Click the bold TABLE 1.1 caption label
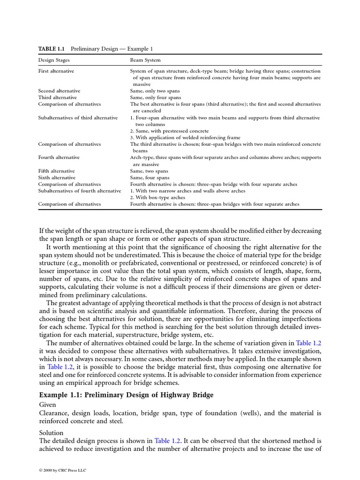(51, 49)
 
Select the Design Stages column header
(53, 60)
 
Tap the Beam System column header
(145, 60)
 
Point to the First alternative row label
(56, 71)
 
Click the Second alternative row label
(59, 90)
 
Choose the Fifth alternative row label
(56, 171)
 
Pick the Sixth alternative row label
(56, 178)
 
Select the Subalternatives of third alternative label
(78, 118)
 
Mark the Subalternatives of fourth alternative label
(79, 191)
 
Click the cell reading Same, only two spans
(155, 90)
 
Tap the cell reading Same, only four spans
(155, 97)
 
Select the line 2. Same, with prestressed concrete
(169, 131)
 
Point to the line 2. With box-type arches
(157, 197)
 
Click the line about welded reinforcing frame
(185, 137)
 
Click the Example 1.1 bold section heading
(126, 395)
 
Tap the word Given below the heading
(47, 405)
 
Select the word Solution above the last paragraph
(51, 432)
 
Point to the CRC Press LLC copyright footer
(62, 470)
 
